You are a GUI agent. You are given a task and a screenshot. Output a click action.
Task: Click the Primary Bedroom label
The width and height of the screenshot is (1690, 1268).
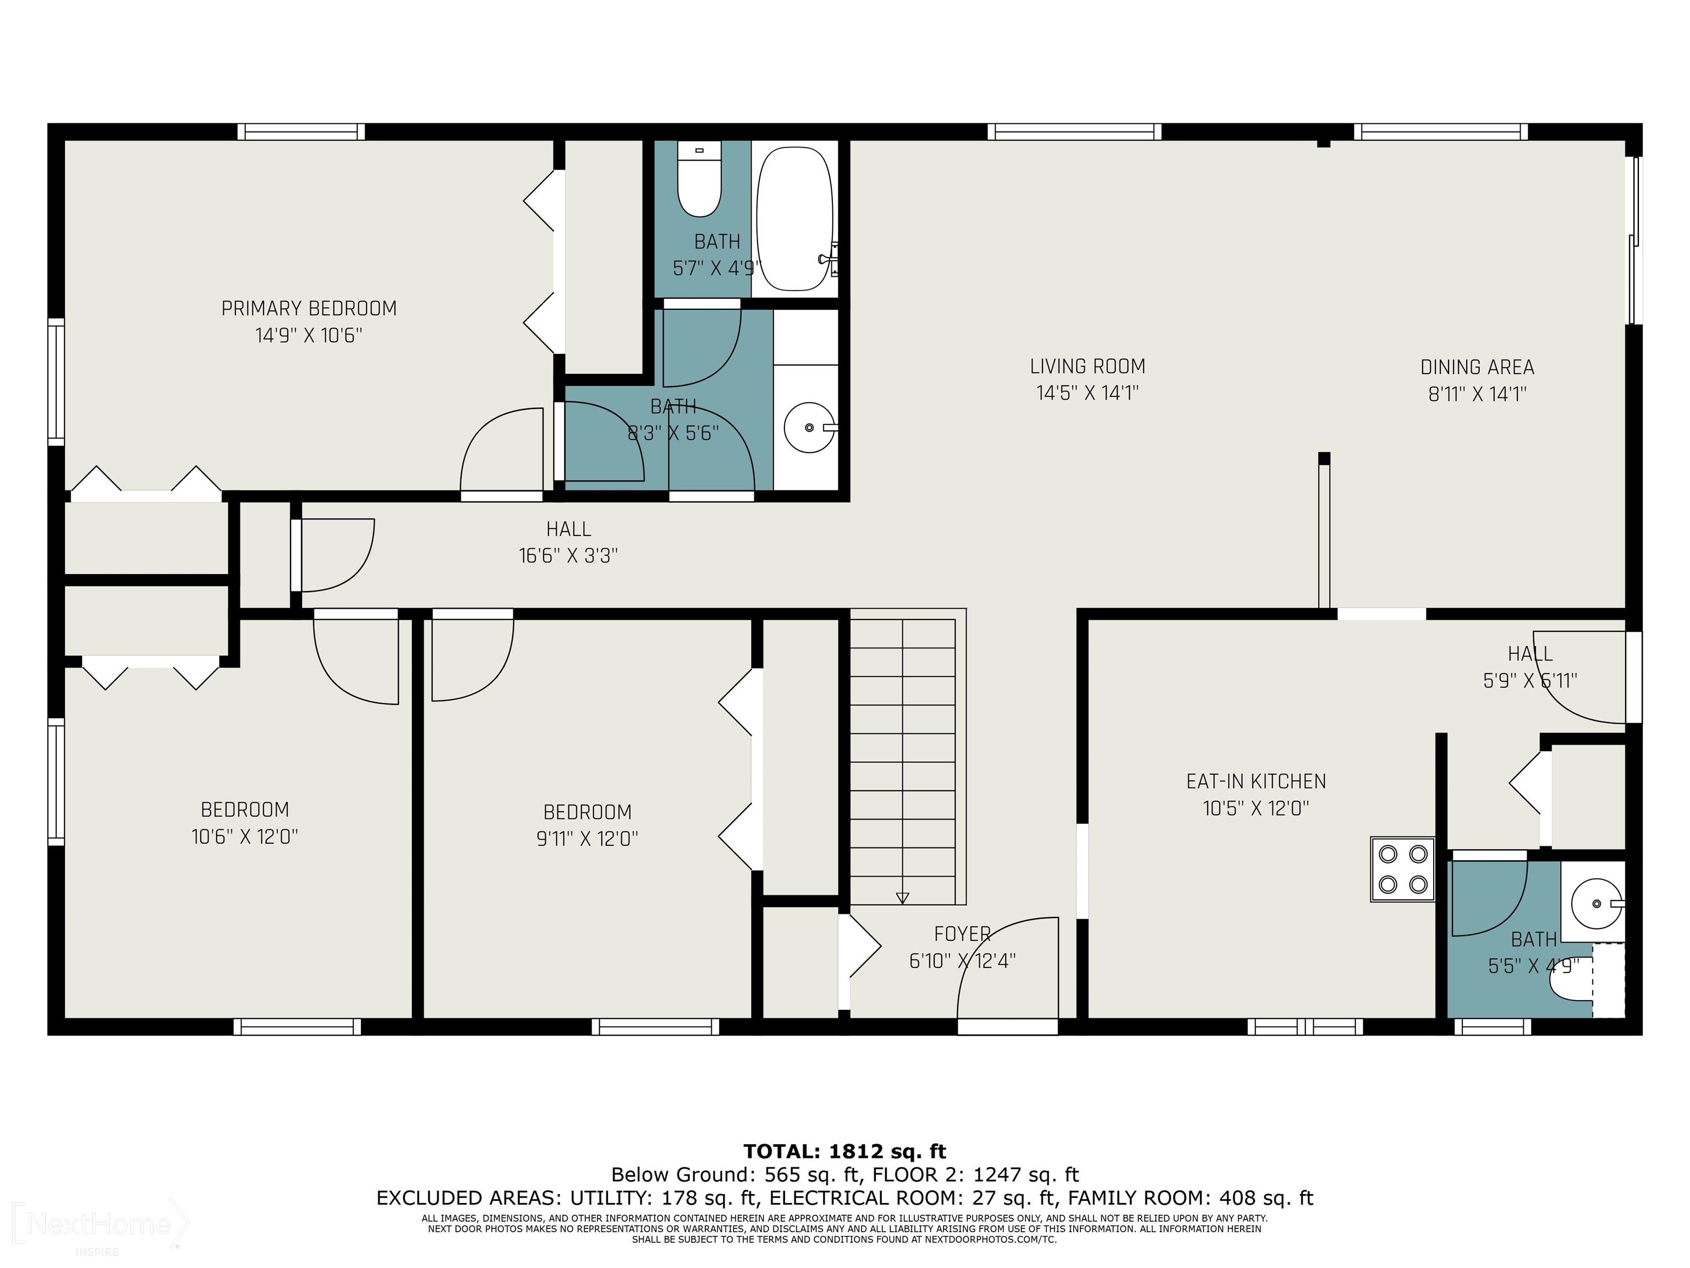(x=309, y=309)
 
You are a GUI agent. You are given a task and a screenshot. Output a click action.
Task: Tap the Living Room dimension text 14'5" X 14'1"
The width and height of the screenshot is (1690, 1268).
(x=1087, y=393)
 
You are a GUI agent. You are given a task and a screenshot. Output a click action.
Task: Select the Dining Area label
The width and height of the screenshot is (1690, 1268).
(x=1477, y=368)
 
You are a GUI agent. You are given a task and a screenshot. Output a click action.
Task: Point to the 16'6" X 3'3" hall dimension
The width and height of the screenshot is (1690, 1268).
(x=568, y=556)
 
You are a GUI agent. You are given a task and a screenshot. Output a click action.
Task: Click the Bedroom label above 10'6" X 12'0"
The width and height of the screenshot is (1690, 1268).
(x=244, y=810)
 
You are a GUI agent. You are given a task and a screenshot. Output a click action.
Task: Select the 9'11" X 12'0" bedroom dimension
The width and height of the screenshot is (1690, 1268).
(x=587, y=839)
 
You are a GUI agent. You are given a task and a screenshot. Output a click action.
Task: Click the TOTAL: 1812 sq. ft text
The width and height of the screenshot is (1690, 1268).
(x=845, y=1151)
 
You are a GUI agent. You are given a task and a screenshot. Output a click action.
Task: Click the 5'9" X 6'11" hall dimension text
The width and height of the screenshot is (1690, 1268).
(x=1530, y=681)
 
